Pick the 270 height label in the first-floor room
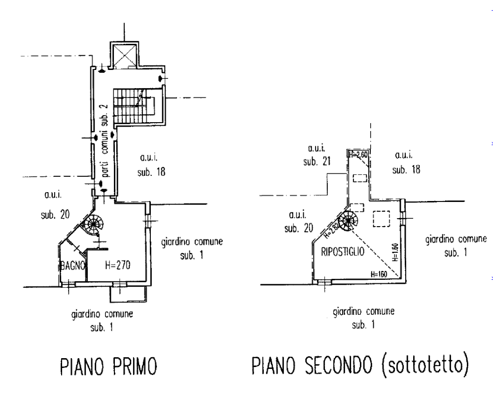coord(118,266)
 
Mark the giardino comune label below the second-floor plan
coord(364,318)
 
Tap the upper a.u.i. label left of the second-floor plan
coord(317,155)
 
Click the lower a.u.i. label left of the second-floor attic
coord(299,222)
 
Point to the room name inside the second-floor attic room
coord(343,253)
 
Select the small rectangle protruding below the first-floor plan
coord(117,294)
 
